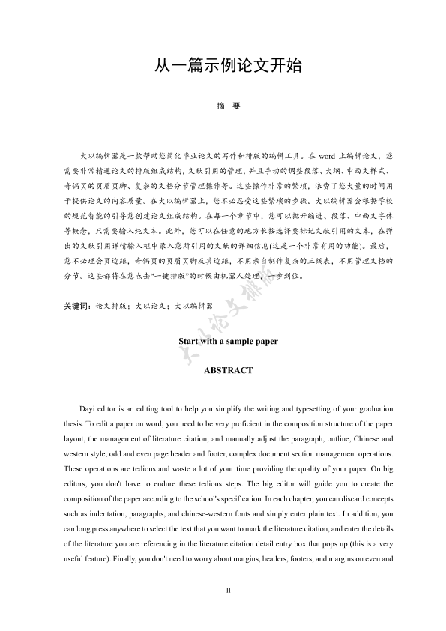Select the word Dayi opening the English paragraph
(x=89, y=408)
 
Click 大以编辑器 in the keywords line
(x=193, y=307)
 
